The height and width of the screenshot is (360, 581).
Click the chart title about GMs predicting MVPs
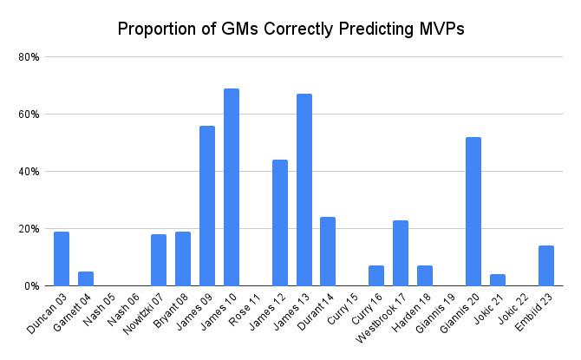pos(291,29)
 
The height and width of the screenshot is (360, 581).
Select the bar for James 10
pos(232,187)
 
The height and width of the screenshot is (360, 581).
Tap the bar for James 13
pos(304,190)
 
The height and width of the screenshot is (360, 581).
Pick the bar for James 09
pos(207,206)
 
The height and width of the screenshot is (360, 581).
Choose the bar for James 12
pos(280,223)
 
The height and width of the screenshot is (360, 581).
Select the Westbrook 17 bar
pos(401,253)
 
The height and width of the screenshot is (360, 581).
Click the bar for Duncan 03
pos(62,259)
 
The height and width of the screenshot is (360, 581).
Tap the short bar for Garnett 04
pos(86,278)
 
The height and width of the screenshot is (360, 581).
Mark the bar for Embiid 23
pos(546,265)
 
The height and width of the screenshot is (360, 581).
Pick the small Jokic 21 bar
pos(498,280)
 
